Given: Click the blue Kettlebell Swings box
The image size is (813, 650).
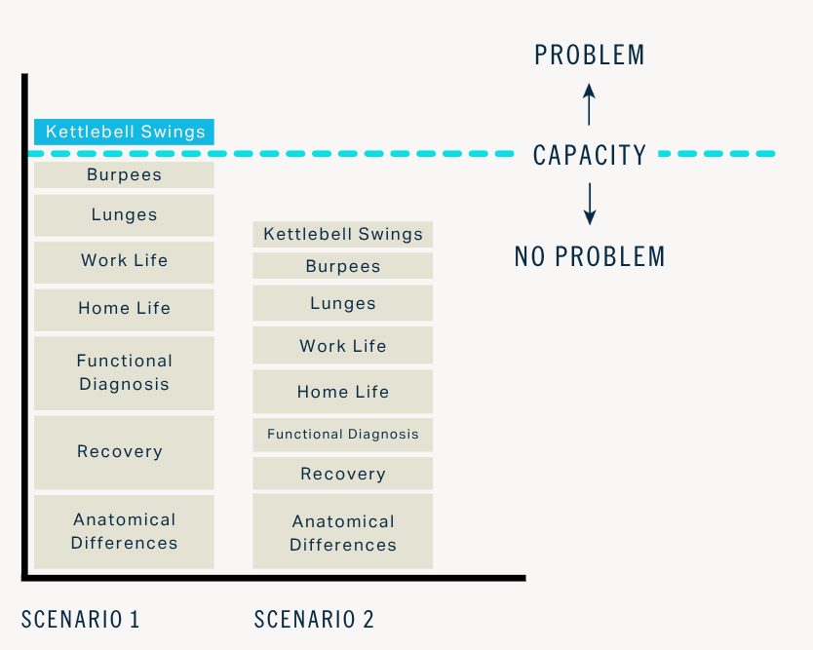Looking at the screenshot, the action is [x=124, y=132].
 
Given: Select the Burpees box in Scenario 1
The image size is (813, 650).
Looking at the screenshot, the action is [x=124, y=175].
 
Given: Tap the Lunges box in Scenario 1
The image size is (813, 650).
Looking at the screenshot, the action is [x=124, y=215].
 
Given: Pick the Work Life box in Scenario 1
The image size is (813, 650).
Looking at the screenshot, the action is [x=124, y=261].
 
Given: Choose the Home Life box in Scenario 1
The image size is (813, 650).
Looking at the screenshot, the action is [x=124, y=309].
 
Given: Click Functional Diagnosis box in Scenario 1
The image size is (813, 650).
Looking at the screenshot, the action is [x=124, y=372].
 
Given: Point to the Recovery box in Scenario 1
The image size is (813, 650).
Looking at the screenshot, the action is [x=124, y=452].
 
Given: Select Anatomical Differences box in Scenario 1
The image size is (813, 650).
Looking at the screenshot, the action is [x=124, y=531].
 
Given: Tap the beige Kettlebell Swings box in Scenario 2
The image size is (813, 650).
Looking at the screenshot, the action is [x=343, y=234].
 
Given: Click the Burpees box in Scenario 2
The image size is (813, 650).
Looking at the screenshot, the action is [x=343, y=266].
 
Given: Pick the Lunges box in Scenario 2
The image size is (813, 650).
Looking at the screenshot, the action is [x=343, y=303].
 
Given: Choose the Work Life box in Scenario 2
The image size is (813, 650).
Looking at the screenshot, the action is [x=343, y=346].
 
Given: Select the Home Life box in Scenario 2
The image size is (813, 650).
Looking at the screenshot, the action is [x=343, y=392].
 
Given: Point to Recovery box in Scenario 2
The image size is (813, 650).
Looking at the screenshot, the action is [x=343, y=474].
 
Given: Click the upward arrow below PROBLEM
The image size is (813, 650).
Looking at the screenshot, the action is [x=589, y=103].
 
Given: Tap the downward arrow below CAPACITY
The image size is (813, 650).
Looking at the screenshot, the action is [x=589, y=204].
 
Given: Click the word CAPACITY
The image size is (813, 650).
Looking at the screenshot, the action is [x=589, y=155].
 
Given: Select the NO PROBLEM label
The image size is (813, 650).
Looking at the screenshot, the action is [x=589, y=256].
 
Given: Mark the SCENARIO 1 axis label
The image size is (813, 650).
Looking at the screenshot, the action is [x=81, y=619].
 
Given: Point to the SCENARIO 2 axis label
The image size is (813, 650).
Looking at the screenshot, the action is [x=314, y=619].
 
